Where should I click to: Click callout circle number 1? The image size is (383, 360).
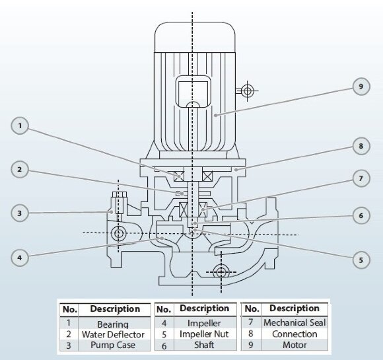(21, 126)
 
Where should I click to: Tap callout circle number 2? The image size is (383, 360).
(21, 170)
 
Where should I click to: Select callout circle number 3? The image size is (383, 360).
(21, 213)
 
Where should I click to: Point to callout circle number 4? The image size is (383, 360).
(21, 258)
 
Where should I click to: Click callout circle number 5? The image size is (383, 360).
(361, 260)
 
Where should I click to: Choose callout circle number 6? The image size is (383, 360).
(361, 215)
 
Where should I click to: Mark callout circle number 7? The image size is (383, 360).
(361, 179)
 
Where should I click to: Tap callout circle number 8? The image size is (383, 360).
(361, 146)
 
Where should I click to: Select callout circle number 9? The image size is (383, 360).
(361, 87)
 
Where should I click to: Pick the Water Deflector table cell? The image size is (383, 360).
(112, 335)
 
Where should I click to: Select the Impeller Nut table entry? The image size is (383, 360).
(204, 334)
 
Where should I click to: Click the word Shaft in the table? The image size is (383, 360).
(204, 345)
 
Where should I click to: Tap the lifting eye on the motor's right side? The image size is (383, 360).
(247, 90)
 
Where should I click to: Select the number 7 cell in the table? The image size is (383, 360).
(251, 323)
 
